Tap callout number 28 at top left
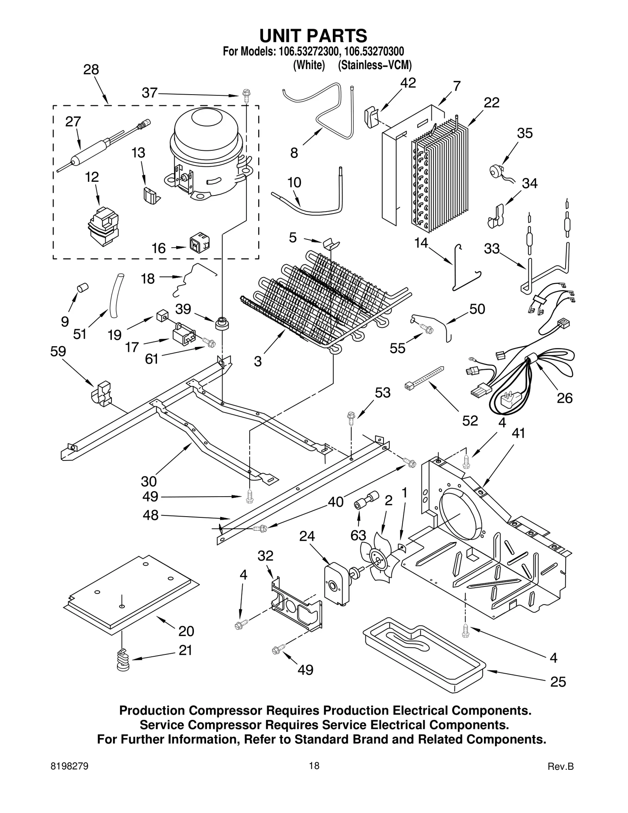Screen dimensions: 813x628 pos(91,70)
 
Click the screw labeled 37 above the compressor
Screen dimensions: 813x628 pos(246,96)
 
